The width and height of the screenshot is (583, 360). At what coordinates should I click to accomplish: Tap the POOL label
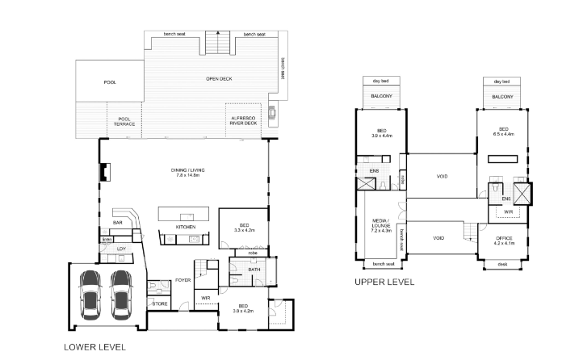click(110, 82)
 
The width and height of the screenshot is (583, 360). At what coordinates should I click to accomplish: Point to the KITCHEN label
click(186, 228)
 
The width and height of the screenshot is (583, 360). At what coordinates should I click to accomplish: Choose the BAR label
click(117, 222)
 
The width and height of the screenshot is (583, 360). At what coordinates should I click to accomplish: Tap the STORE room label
click(159, 303)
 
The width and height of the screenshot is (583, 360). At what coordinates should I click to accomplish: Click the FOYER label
click(183, 280)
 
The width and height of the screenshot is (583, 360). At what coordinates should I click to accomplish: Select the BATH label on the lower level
click(253, 270)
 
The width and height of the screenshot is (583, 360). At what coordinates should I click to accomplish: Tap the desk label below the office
click(502, 264)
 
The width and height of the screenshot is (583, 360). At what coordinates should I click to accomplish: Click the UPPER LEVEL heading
click(384, 283)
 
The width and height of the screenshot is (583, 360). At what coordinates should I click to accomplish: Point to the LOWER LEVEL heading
click(94, 347)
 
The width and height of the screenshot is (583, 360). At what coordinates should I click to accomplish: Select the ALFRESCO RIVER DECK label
click(245, 121)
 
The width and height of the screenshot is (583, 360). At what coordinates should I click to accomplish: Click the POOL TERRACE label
click(124, 121)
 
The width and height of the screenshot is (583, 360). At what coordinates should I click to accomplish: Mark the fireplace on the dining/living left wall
click(103, 173)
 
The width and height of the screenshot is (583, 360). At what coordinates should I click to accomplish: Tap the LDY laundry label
click(121, 249)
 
